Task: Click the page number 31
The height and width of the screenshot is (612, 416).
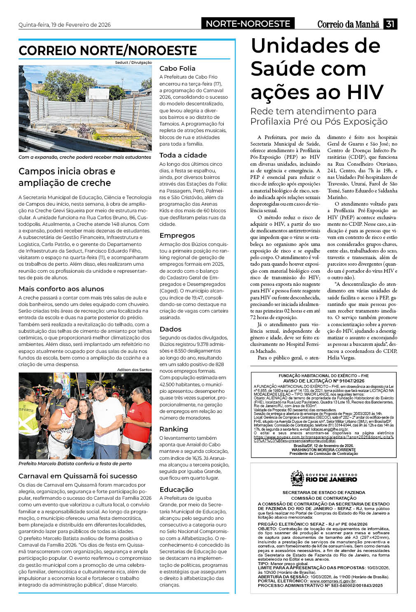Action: (390, 24)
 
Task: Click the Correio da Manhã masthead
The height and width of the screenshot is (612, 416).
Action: (348, 24)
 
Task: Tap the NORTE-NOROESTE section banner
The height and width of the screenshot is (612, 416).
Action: (248, 24)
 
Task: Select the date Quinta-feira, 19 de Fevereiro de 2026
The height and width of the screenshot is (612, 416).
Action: (65, 25)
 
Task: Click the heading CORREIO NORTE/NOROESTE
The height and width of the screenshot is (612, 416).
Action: (108, 51)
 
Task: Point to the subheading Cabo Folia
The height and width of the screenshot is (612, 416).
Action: (177, 68)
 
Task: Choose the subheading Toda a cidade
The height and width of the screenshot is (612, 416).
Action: (183, 155)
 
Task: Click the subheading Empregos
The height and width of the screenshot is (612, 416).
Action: (177, 235)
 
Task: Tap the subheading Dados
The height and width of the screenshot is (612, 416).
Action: (170, 329)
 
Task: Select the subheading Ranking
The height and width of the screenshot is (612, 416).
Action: (173, 429)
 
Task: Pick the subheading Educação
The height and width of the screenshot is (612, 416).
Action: (176, 489)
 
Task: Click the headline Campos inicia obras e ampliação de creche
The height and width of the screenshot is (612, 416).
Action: (67, 177)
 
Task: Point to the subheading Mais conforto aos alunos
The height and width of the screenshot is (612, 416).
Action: (61, 289)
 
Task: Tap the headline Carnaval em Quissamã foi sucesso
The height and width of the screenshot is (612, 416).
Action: (78, 476)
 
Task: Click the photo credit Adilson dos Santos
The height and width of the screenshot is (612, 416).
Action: (134, 370)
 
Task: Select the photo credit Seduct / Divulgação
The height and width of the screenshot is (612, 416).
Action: (133, 63)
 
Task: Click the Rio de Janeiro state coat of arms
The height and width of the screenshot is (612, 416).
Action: (297, 478)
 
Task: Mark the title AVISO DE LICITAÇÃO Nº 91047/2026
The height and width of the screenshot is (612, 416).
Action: (324, 381)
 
